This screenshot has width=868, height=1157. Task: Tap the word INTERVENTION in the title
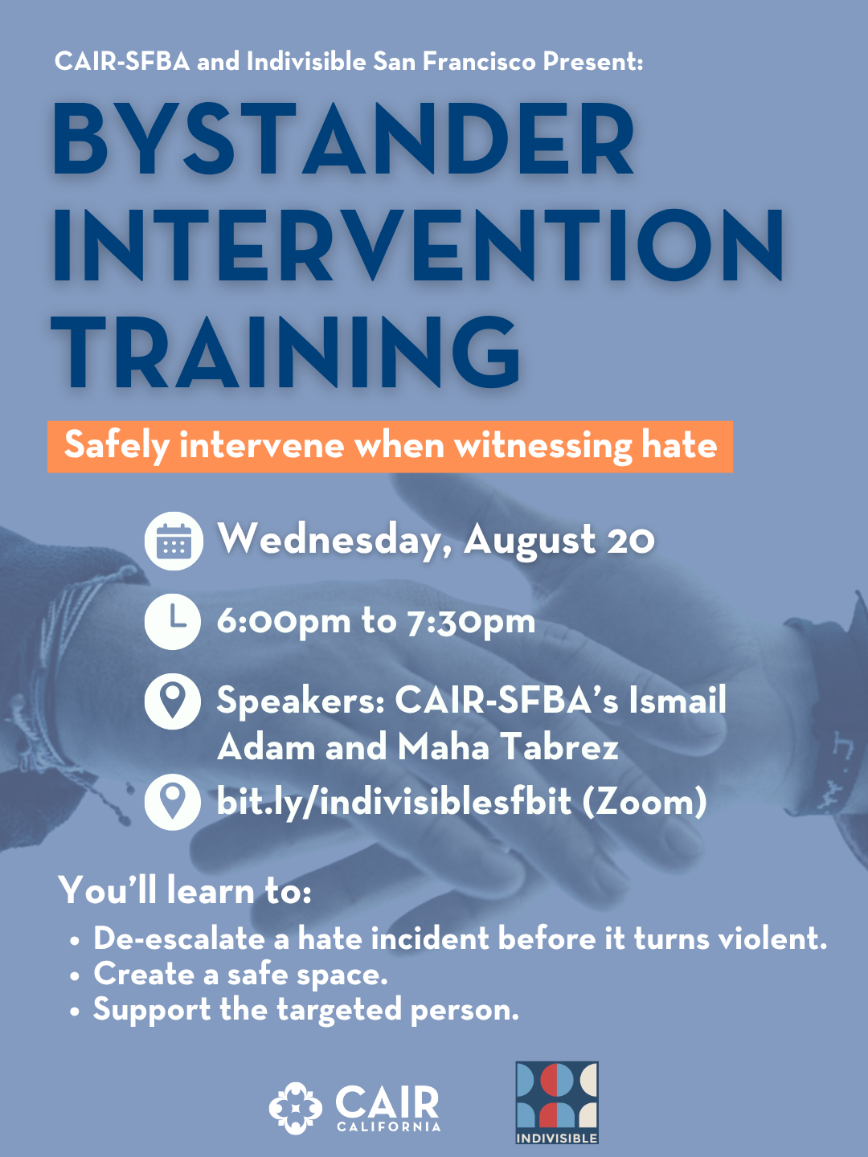pyautogui.click(x=418, y=246)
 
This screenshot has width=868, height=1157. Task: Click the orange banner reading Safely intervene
pyautogui.click(x=390, y=446)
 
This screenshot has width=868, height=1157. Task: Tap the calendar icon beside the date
pyautogui.click(x=174, y=541)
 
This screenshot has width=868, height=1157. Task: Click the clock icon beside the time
pyautogui.click(x=174, y=621)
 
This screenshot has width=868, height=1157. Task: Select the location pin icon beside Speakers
pyautogui.click(x=174, y=701)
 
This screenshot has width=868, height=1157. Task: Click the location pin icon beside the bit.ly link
pyautogui.click(x=174, y=802)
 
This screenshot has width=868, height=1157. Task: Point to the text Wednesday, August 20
pyautogui.click(x=436, y=540)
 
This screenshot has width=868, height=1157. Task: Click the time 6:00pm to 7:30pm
pyautogui.click(x=376, y=621)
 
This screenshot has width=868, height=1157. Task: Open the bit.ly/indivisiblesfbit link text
pyautogui.click(x=394, y=802)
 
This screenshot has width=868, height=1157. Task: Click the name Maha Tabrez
pyautogui.click(x=508, y=747)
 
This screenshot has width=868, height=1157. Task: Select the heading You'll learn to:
pyautogui.click(x=185, y=890)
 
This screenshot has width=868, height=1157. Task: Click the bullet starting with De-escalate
pyautogui.click(x=460, y=938)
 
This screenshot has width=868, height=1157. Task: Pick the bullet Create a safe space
pyautogui.click(x=240, y=974)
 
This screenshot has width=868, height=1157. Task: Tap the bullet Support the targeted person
pyautogui.click(x=305, y=1009)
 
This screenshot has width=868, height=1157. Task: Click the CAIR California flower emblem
pyautogui.click(x=296, y=1108)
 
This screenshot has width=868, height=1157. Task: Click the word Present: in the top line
pyautogui.click(x=593, y=61)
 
